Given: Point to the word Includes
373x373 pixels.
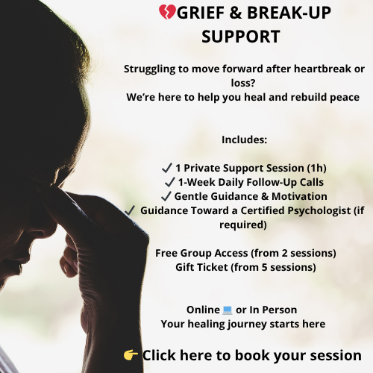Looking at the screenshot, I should [x=244, y=140].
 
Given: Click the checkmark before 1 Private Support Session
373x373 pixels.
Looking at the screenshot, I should [x=167, y=168].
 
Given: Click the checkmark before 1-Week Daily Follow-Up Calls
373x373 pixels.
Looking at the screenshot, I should [x=169, y=182].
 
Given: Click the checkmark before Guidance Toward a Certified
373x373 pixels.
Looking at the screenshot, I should [x=131, y=210].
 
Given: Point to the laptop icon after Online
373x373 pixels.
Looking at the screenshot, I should [x=228, y=310].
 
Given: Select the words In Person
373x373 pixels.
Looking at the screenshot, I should [x=273, y=310].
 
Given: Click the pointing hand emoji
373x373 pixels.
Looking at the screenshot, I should [x=131, y=355].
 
